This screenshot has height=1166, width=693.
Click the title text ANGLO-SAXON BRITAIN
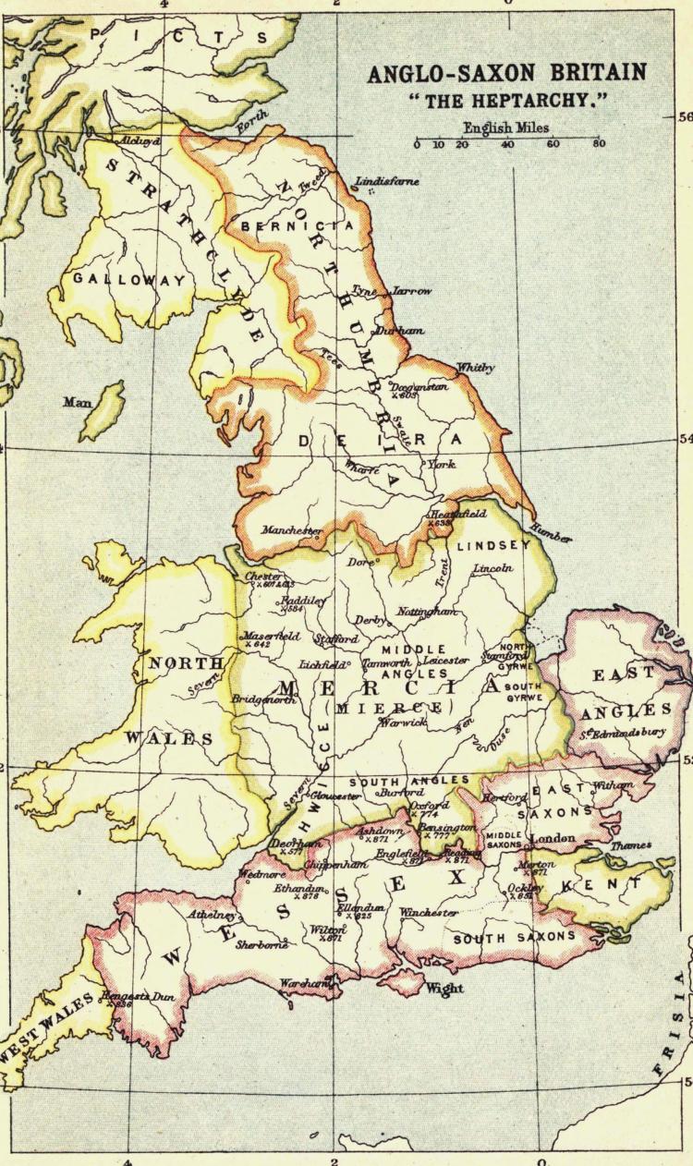click(507, 75)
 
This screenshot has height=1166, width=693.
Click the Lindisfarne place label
click(394, 182)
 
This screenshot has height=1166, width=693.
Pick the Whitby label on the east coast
click(476, 367)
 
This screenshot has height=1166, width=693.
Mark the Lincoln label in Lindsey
click(492, 568)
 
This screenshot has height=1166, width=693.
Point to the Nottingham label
click(427, 612)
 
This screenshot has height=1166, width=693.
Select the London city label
click(552, 838)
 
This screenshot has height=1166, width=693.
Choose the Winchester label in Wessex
click(428, 913)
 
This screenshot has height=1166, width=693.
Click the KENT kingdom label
click(610, 885)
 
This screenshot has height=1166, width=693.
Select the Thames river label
click(630, 845)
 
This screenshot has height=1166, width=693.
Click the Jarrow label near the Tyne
click(411, 291)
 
